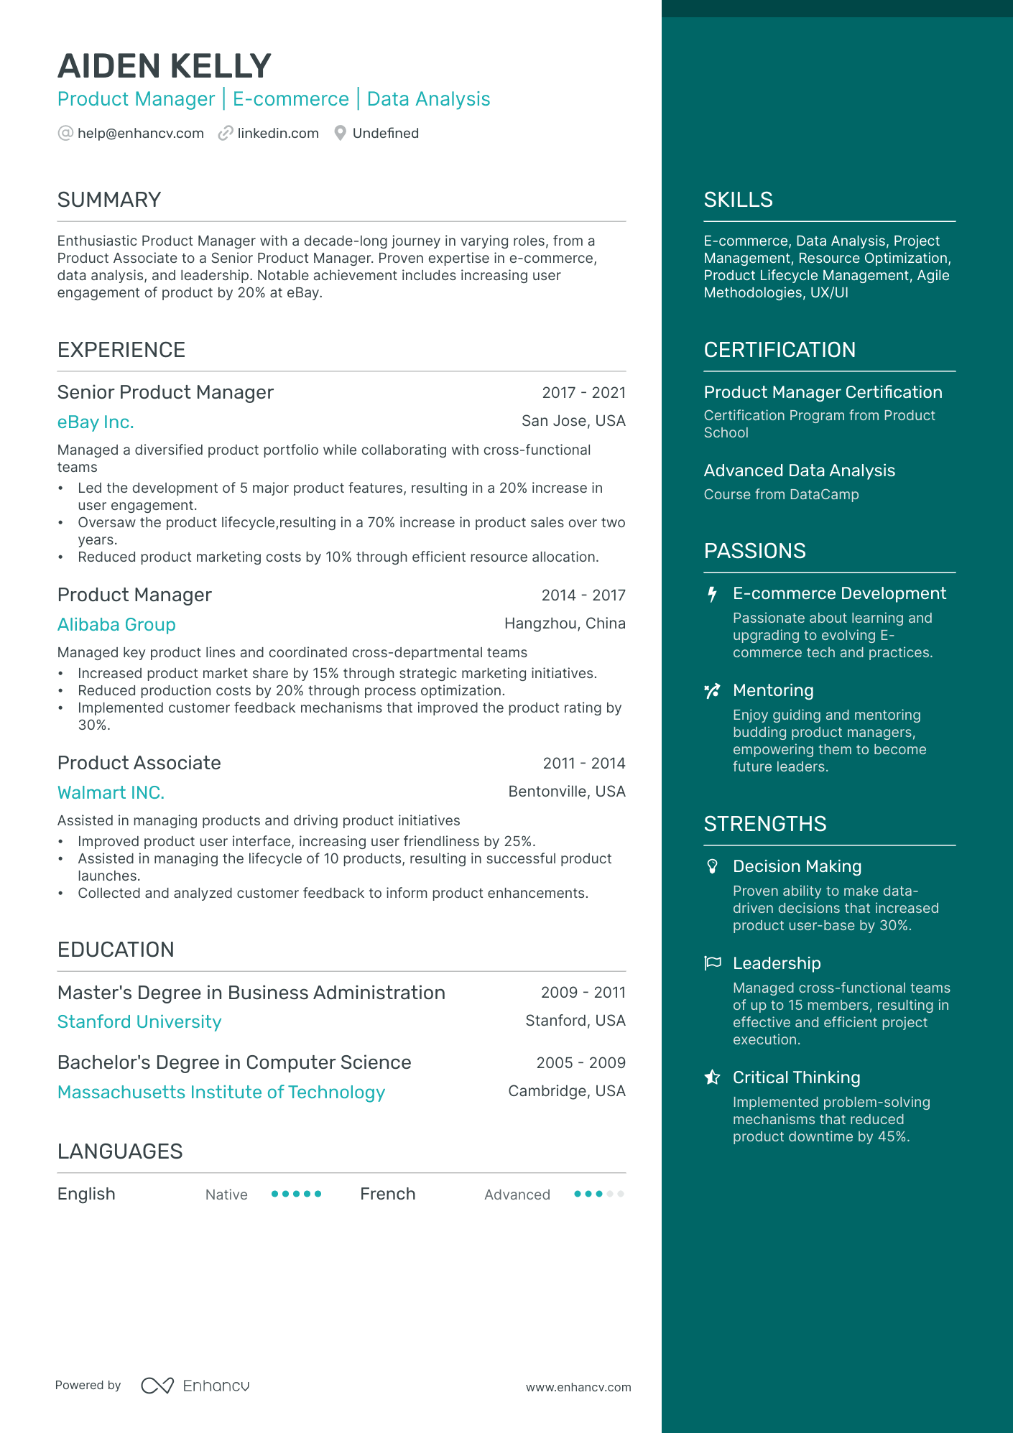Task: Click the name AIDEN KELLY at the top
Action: click(x=164, y=66)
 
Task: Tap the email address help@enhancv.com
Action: click(x=140, y=134)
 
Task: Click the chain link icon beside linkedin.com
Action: click(x=226, y=134)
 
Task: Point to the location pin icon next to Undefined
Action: click(x=341, y=134)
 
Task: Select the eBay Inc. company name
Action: click(x=96, y=422)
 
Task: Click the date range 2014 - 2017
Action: click(x=583, y=595)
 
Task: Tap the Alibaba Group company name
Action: click(x=116, y=625)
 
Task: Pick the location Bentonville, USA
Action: click(x=566, y=792)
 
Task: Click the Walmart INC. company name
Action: click(x=111, y=793)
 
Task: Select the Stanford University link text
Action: click(x=139, y=1022)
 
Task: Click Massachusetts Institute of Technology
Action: click(x=221, y=1093)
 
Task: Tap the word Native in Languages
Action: click(x=226, y=1195)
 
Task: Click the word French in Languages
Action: click(x=387, y=1194)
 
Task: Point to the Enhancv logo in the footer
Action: click(x=195, y=1386)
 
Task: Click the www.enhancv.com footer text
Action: click(x=578, y=1388)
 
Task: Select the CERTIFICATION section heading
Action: click(x=780, y=350)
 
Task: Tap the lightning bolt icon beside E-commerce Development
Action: click(x=712, y=594)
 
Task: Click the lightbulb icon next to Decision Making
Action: click(x=712, y=866)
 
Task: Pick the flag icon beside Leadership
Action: click(x=712, y=963)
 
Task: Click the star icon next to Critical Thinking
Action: click(x=712, y=1077)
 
